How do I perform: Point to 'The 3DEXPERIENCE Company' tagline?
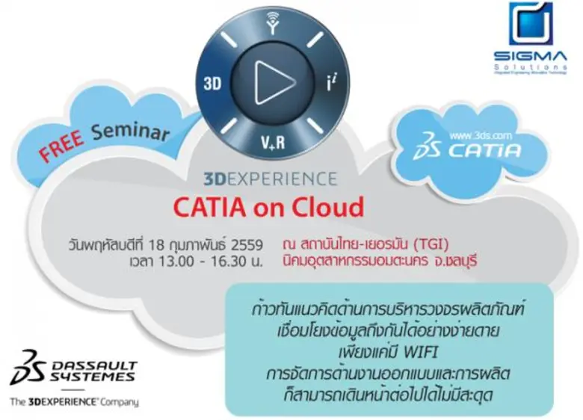click(74, 402)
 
